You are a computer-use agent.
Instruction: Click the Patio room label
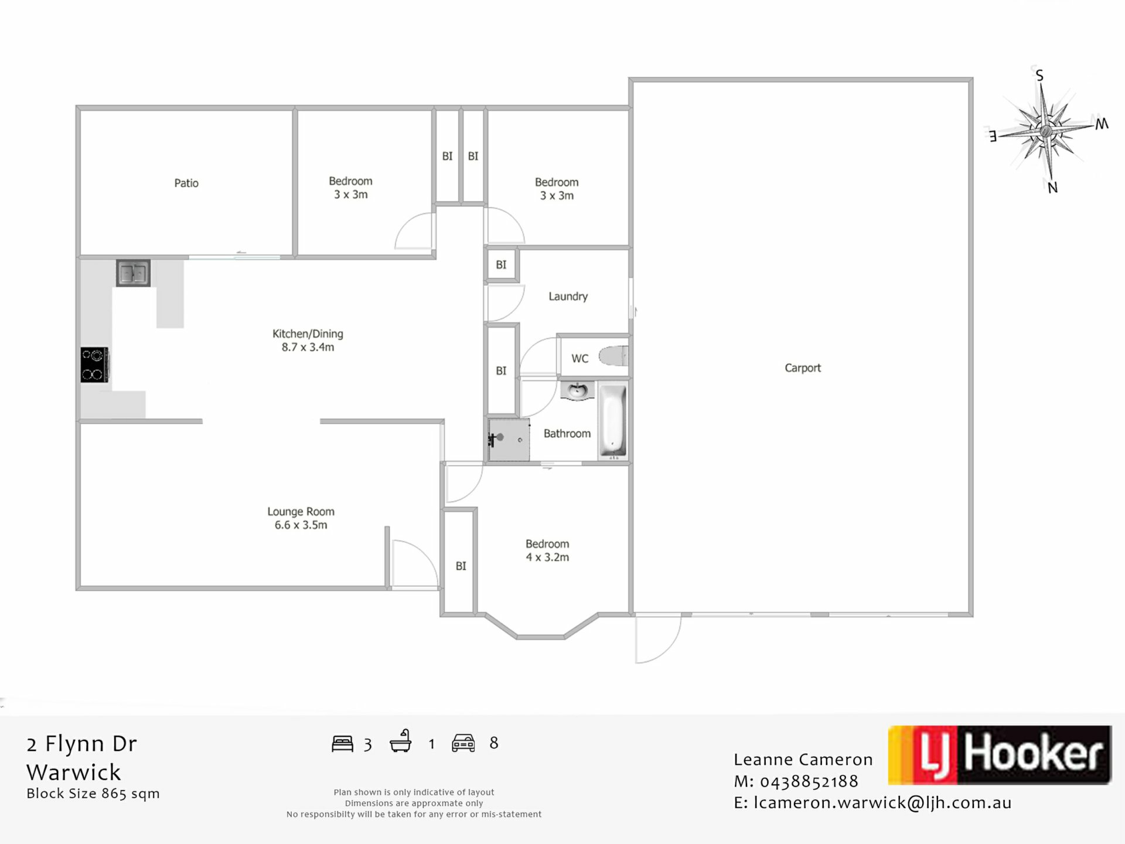coord(186,183)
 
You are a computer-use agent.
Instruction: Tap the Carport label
coord(803,368)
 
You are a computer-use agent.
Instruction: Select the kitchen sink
coord(133,273)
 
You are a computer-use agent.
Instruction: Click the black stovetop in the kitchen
coord(94,365)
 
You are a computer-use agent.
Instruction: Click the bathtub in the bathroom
coord(612,421)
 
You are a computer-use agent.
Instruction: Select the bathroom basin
coord(578,391)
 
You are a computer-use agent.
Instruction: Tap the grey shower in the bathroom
coord(509,439)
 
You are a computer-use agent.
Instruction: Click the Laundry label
coord(568,297)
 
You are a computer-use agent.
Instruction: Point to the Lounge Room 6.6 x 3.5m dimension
coord(301,525)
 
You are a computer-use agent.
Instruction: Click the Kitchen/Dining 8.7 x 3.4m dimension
coord(308,347)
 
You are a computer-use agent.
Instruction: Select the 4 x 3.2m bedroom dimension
coord(547,557)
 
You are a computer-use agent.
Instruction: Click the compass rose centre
coord(1046,130)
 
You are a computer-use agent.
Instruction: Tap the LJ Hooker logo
coord(1000,755)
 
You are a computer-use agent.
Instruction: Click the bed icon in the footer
coord(343,744)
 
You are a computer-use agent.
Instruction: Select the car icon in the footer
coord(463,743)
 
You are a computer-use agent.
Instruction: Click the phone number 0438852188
coord(809,781)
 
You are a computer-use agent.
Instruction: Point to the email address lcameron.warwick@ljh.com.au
coord(882,803)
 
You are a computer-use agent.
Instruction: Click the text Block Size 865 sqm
coord(93,794)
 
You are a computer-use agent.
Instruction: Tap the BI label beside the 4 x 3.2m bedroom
coord(461,566)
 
